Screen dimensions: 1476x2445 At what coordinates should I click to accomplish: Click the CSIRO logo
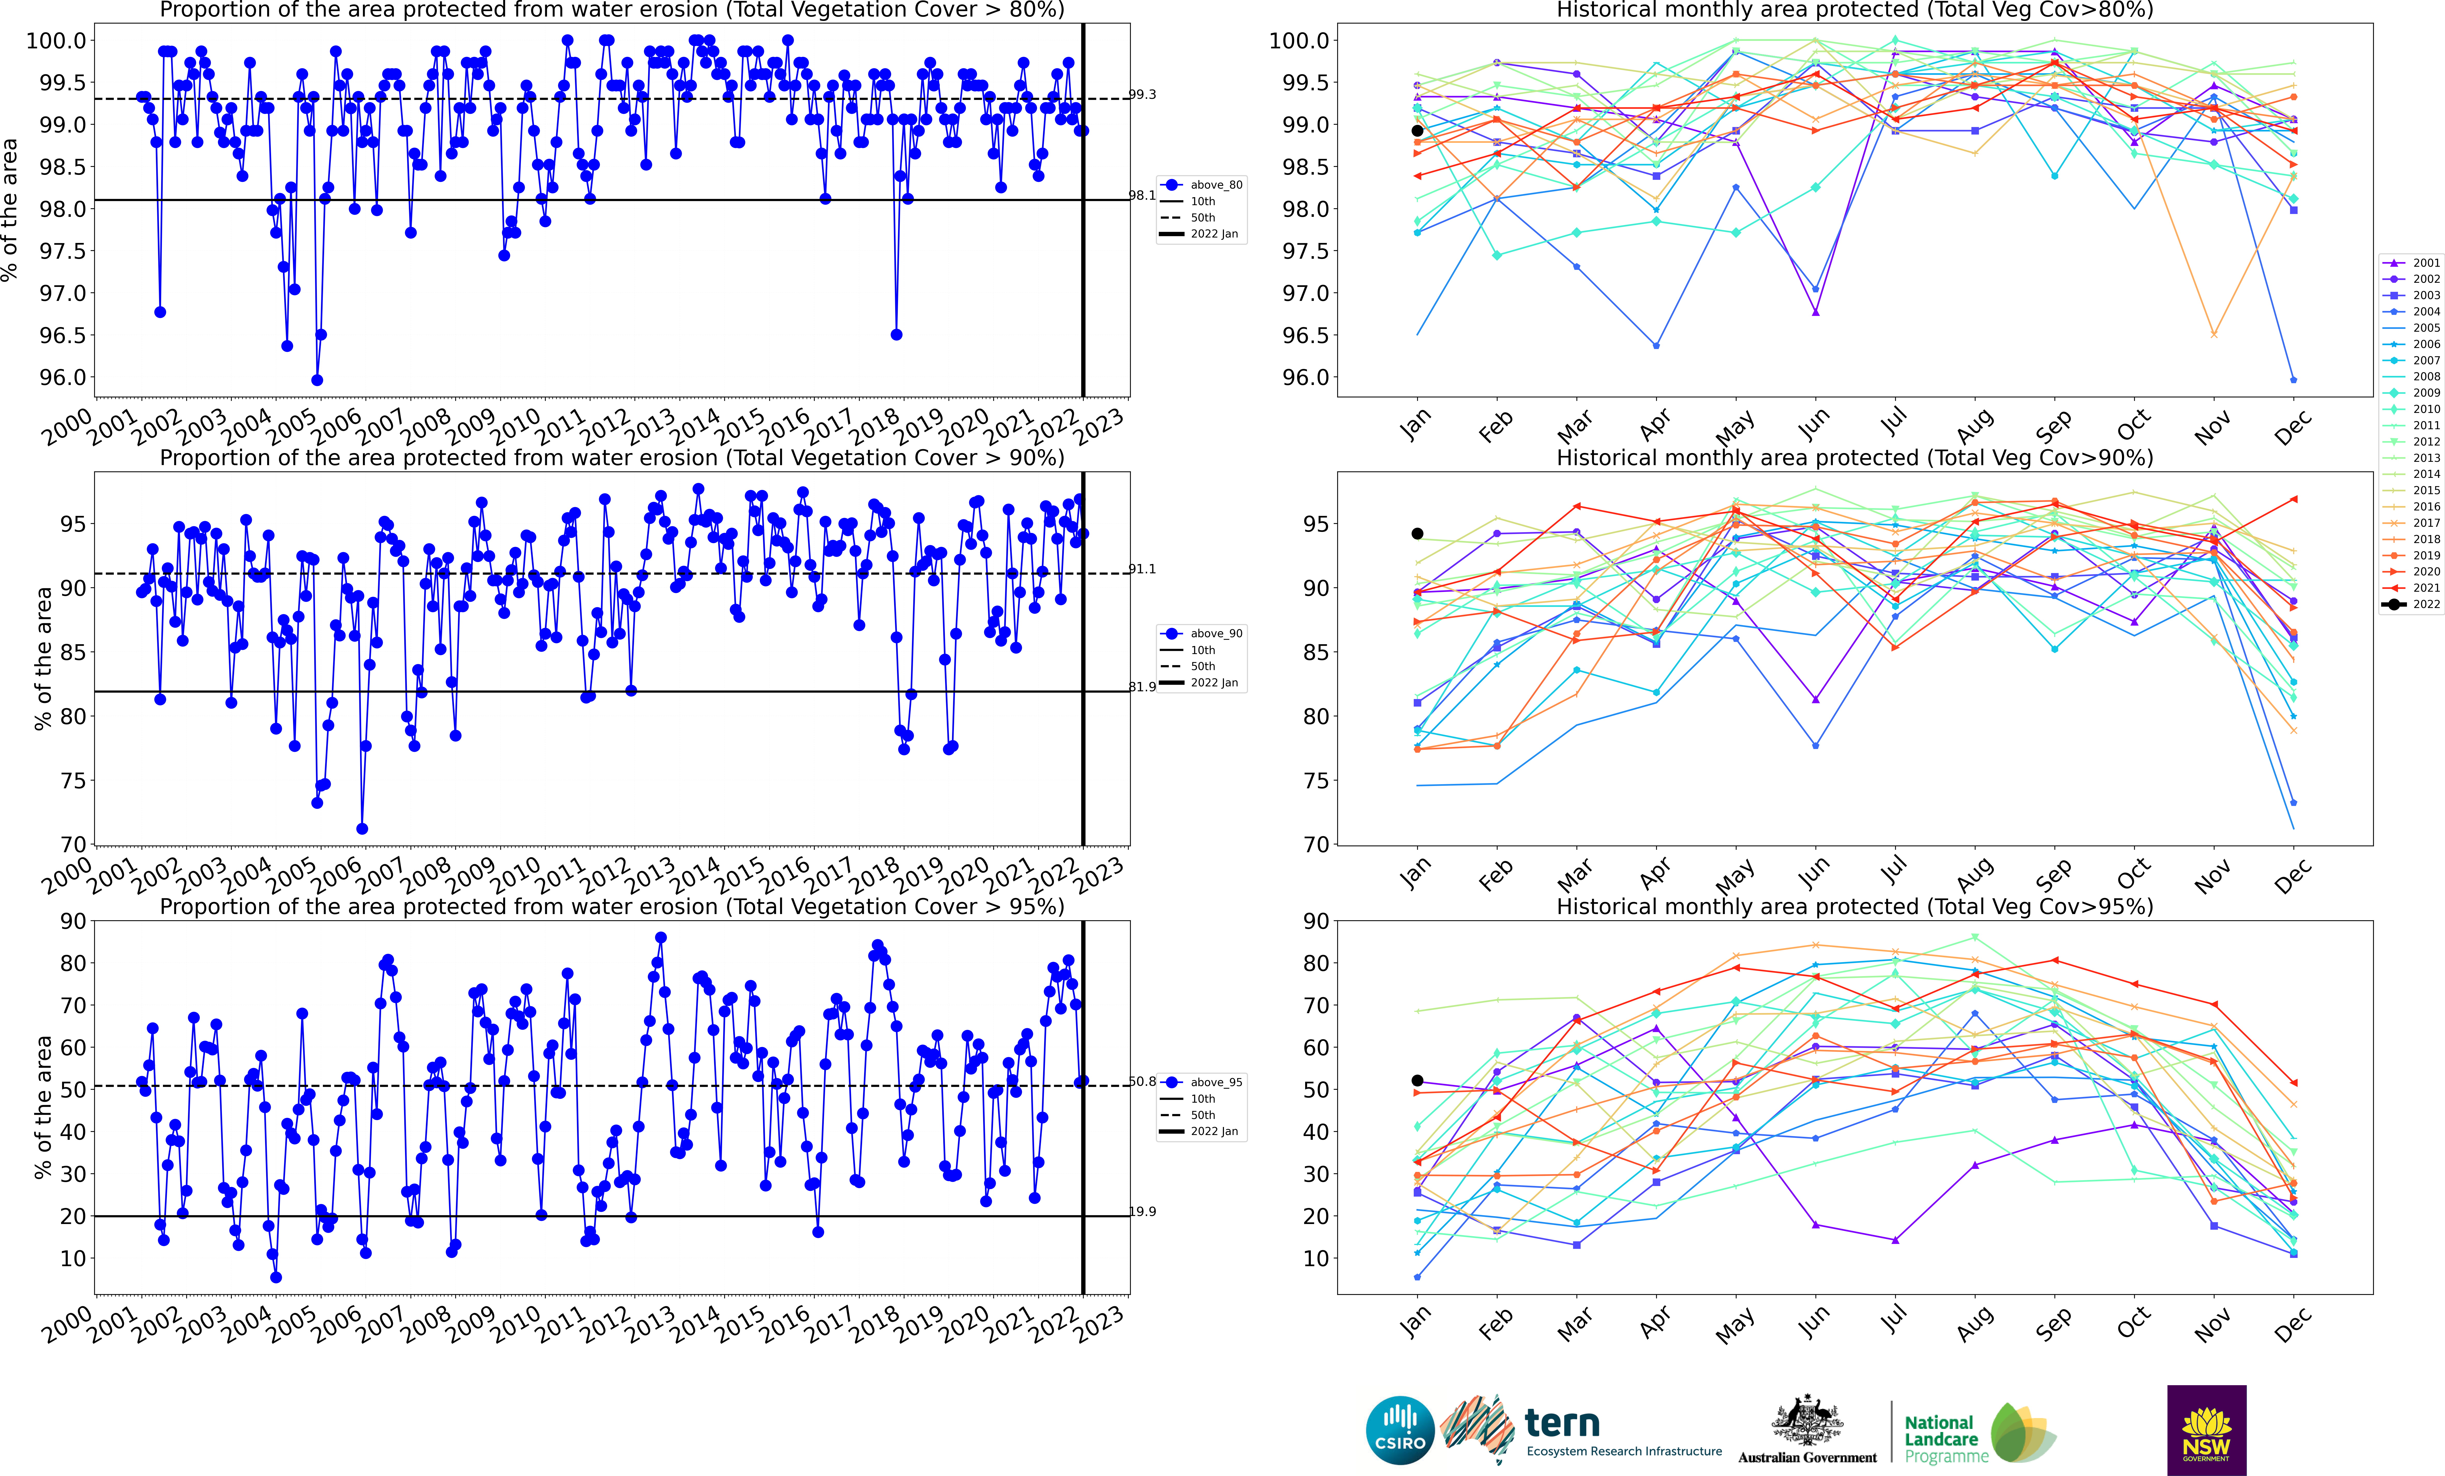tap(1400, 1430)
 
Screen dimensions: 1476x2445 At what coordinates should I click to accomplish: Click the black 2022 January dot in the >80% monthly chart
tap(1417, 131)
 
